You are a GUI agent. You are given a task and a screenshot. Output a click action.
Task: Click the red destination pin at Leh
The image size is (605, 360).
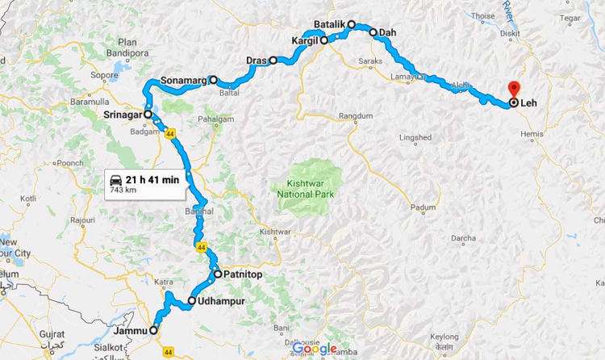pyautogui.click(x=511, y=89)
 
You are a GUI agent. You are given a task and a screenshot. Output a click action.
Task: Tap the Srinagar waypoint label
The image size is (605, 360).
pyautogui.click(x=123, y=115)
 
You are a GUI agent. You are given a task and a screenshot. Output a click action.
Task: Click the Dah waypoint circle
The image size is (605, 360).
pyautogui.click(x=373, y=33)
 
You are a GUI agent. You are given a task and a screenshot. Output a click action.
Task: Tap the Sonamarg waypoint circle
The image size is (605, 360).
pyautogui.click(x=213, y=81)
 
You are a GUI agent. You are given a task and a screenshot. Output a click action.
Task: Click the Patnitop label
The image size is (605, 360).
pyautogui.click(x=246, y=274)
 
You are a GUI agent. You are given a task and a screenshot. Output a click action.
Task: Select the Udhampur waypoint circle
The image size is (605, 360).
pyautogui.click(x=191, y=302)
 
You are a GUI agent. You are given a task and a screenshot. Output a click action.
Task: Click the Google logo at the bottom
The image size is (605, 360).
pyautogui.click(x=315, y=349)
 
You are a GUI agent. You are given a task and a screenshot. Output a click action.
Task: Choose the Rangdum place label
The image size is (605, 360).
pyautogui.click(x=357, y=117)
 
